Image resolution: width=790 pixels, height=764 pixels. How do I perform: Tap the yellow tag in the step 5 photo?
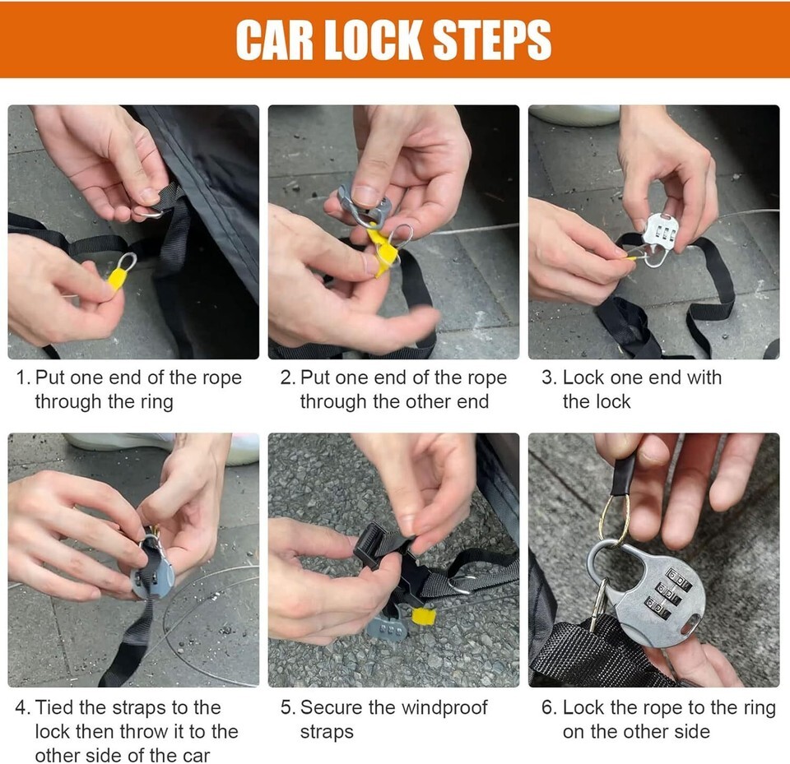[x=422, y=616]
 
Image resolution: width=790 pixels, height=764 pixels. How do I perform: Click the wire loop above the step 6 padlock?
[x=615, y=519]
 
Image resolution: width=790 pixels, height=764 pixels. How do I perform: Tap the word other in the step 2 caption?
[x=425, y=402]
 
